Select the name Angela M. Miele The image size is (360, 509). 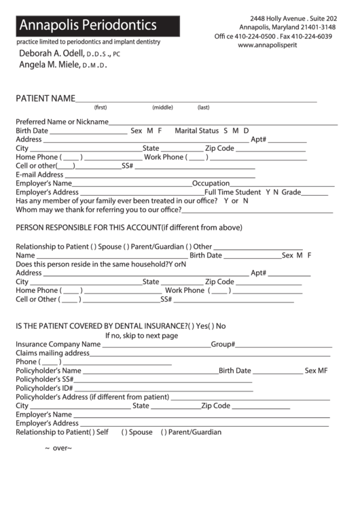coord(52,66)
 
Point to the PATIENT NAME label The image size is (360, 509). coord(45,99)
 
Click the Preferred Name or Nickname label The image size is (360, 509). coord(62,122)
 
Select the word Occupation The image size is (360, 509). coord(211,183)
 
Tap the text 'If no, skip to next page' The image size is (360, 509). coord(141,335)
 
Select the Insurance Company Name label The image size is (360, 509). coord(58,345)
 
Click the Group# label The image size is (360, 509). coord(223,345)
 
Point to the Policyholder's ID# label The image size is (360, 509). coord(44,388)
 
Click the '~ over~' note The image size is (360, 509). coord(58,449)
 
